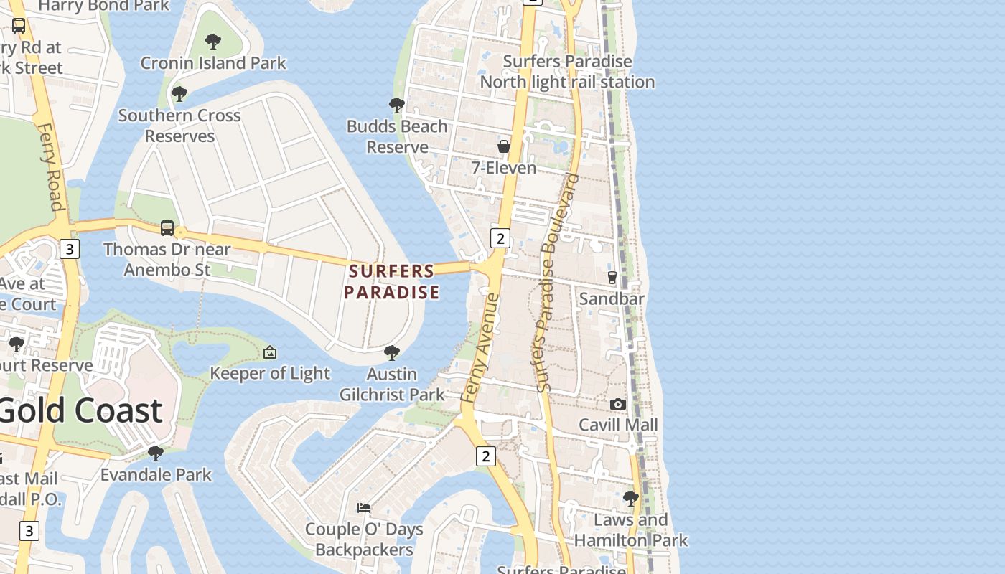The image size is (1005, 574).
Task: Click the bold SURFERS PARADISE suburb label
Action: click(x=391, y=281)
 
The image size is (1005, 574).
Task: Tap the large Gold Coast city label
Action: click(x=80, y=410)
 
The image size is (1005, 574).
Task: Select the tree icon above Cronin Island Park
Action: click(x=213, y=42)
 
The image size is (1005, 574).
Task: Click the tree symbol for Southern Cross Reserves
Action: click(x=179, y=94)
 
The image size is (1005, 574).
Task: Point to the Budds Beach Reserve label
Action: click(x=397, y=136)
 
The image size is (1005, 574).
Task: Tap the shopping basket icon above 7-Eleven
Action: click(x=504, y=146)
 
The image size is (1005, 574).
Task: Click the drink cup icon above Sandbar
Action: click(x=612, y=277)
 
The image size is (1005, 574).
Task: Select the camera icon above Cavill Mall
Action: click(x=617, y=405)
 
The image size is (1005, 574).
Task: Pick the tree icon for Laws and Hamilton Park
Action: click(x=631, y=498)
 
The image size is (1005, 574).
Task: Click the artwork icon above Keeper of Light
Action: click(x=270, y=352)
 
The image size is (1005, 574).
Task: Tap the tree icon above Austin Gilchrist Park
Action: click(x=391, y=352)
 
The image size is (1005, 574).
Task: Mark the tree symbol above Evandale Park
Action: click(x=155, y=453)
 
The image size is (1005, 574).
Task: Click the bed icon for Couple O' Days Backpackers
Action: click(x=364, y=508)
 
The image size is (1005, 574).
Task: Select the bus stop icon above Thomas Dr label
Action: click(x=167, y=228)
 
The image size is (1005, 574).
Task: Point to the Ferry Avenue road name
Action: click(x=482, y=347)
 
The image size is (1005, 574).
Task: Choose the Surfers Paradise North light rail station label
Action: click(x=567, y=72)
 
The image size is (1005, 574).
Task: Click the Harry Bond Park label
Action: click(x=104, y=6)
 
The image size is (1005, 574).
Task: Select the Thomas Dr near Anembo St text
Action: click(x=167, y=259)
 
